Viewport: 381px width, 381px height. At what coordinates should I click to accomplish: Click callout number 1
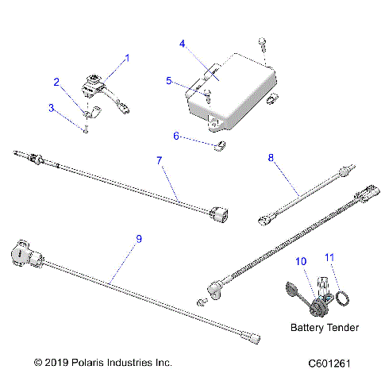click(128, 58)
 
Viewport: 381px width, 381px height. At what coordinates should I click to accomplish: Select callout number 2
click(56, 81)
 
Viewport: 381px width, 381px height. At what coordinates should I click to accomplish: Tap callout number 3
click(51, 106)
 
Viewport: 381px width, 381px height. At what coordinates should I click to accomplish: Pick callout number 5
click(168, 81)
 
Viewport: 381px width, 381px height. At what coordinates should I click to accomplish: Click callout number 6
click(176, 137)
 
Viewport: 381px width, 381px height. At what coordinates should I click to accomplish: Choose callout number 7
click(160, 161)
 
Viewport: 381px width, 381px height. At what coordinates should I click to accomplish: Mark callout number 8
click(271, 158)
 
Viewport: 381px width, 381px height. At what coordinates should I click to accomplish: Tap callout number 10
click(300, 261)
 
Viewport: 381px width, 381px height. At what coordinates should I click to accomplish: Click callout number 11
click(331, 257)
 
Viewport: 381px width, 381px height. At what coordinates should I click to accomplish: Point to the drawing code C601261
click(337, 363)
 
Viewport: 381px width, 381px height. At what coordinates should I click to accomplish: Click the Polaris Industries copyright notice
click(103, 363)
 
